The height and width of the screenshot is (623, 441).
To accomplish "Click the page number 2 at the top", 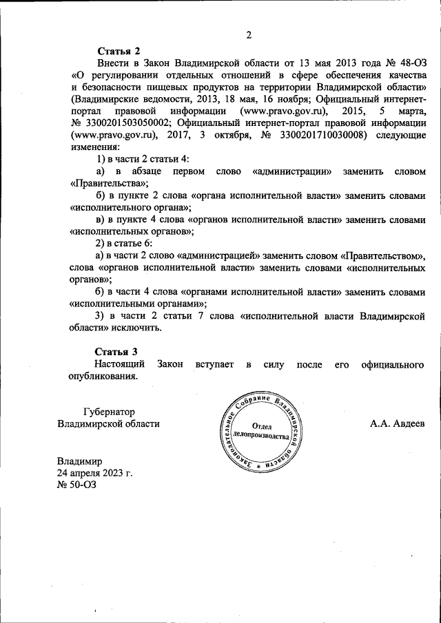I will [249, 35].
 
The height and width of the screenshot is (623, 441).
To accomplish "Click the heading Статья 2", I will [119, 51].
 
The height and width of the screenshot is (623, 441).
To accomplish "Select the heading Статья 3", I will [119, 351].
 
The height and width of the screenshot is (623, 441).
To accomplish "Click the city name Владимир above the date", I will [80, 461].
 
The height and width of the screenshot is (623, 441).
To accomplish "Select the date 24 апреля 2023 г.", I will [94, 473].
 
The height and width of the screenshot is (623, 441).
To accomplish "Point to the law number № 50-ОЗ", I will [76, 485].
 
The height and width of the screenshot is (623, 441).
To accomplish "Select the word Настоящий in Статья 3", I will [119, 363].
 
